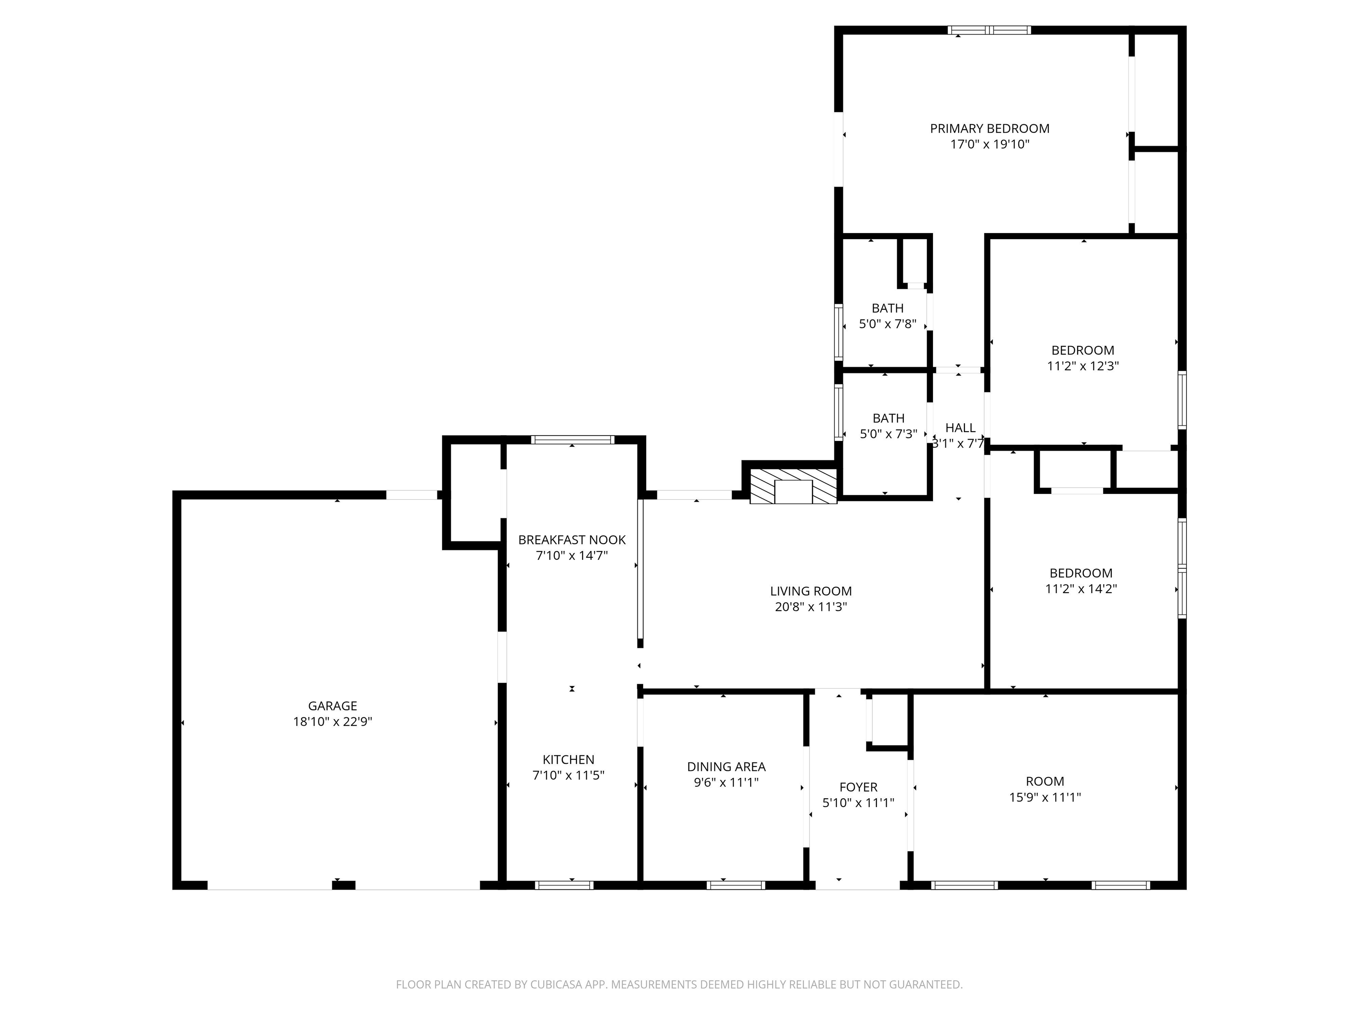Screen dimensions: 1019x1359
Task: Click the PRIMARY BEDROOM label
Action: click(x=989, y=128)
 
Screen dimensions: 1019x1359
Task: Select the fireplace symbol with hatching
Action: click(x=793, y=487)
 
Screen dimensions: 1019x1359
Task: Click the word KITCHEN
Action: click(x=568, y=759)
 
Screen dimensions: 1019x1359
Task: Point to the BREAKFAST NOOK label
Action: click(x=572, y=540)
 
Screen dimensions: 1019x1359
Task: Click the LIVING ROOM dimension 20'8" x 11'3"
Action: click(x=810, y=607)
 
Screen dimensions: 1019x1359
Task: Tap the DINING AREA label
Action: click(x=726, y=766)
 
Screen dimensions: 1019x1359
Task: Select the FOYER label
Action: click(x=858, y=787)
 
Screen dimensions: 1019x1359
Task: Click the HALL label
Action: click(x=960, y=428)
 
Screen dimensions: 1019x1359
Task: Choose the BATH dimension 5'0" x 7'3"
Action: click(x=888, y=433)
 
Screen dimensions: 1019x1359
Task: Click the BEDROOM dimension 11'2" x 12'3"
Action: click(x=1083, y=366)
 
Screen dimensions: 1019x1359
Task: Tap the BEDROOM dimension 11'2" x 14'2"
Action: click(x=1081, y=588)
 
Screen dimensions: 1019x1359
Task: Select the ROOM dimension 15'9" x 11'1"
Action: click(x=1044, y=797)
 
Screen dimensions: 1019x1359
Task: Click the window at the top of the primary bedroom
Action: click(x=989, y=30)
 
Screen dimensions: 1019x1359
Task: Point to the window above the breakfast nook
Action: click(x=572, y=440)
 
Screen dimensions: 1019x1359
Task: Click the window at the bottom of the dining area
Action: click(x=735, y=885)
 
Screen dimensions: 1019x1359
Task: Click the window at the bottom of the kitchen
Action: click(x=564, y=885)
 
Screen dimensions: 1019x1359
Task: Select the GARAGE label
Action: click(x=332, y=706)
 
